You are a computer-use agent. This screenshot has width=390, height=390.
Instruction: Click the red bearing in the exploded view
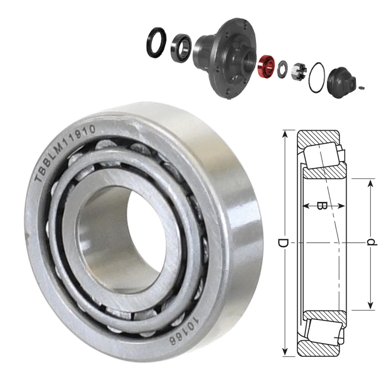pos(266,67)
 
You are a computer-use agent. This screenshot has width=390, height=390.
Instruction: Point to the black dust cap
pos(341,82)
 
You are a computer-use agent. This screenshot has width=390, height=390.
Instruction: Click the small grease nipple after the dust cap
pos(361,88)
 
